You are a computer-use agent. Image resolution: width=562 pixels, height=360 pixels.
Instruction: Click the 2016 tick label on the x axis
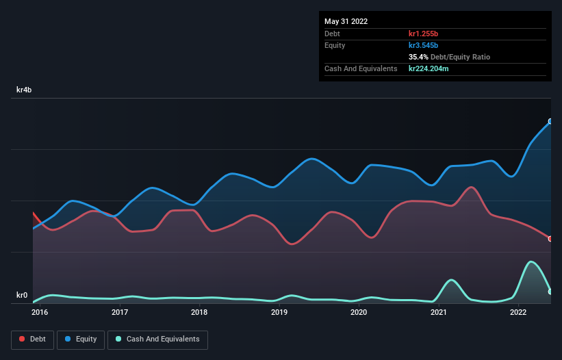(x=40, y=313)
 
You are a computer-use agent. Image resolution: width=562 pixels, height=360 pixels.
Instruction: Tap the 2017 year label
(x=120, y=313)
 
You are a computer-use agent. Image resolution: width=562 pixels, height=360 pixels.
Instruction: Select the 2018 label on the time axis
(x=199, y=313)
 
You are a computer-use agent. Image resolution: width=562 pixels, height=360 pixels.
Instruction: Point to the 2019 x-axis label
(x=279, y=313)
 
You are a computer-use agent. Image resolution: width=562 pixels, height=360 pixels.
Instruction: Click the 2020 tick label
(x=359, y=313)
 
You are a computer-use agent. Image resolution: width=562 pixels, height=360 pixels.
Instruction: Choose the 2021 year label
(x=439, y=313)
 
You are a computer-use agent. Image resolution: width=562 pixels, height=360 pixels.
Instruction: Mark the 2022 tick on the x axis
(x=518, y=313)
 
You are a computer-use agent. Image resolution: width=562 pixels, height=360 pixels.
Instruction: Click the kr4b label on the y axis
(x=25, y=90)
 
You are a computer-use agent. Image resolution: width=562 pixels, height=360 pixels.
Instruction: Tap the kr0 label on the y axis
(x=22, y=296)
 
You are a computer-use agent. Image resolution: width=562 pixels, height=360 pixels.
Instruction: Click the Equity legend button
(x=81, y=339)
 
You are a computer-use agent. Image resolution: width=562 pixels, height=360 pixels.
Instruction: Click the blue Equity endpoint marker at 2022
(x=550, y=121)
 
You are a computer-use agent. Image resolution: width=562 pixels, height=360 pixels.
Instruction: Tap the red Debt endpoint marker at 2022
(x=550, y=238)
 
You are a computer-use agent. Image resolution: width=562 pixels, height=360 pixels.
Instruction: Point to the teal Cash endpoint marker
(x=550, y=292)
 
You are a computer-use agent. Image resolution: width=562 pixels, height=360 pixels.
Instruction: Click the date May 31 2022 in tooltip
(x=346, y=21)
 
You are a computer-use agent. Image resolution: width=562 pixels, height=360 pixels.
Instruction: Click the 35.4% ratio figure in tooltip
(x=420, y=57)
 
